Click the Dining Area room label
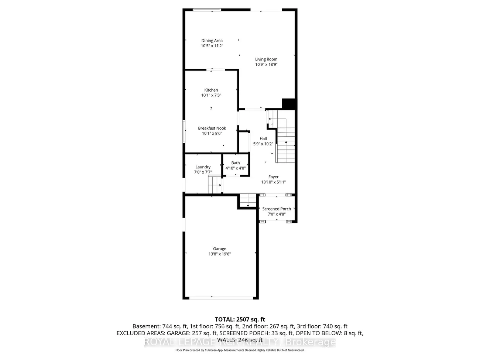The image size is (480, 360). click(212, 41)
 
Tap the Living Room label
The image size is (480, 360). click(266, 59)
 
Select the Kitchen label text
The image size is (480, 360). click(211, 90)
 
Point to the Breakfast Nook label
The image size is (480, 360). click(212, 128)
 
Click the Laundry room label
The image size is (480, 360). click(203, 167)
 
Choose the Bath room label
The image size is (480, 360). click(236, 163)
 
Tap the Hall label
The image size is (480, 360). click(263, 138)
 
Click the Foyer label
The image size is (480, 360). click(274, 177)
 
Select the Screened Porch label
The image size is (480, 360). click(277, 209)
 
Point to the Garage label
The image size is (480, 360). click(220, 248)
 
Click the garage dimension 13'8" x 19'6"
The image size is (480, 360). click(220, 254)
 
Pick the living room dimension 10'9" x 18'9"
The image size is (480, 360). click(266, 64)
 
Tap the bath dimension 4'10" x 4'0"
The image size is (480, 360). click(236, 168)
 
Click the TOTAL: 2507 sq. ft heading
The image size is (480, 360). click(240, 319)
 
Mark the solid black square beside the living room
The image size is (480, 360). click(289, 104)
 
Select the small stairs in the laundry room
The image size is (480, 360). click(215, 185)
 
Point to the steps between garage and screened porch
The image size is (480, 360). click(247, 201)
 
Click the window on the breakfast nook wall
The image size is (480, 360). click(184, 131)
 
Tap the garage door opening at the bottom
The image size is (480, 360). click(221, 298)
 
